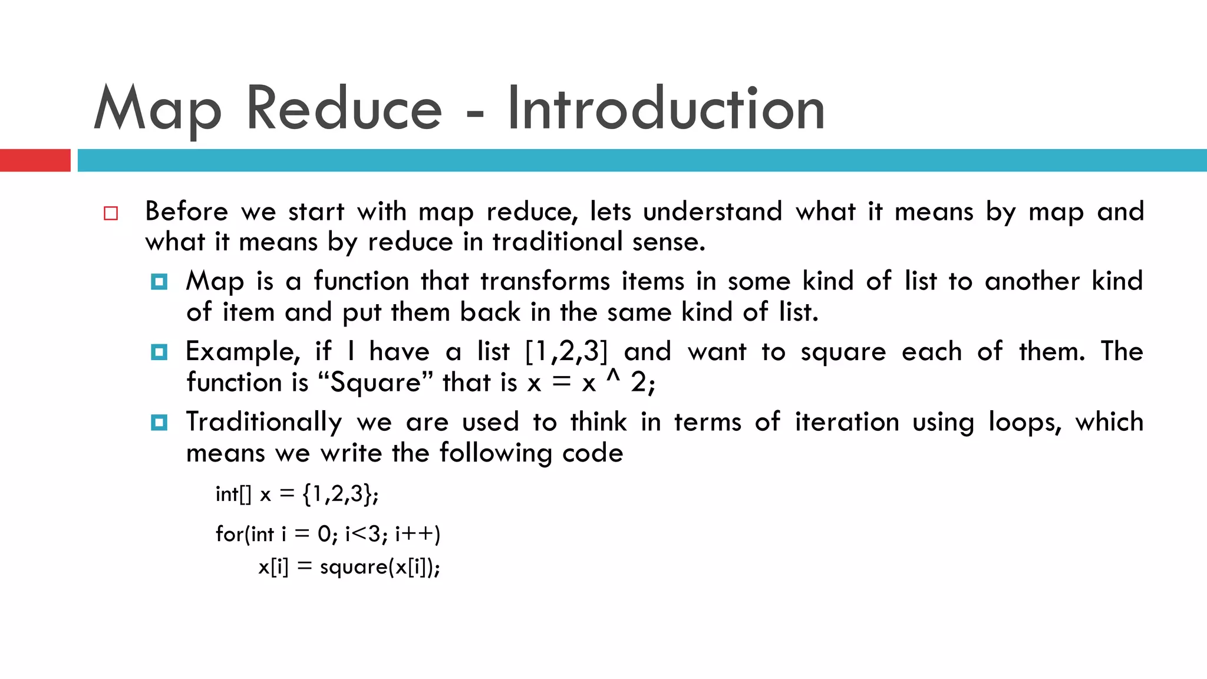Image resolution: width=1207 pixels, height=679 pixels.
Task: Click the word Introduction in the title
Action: (x=666, y=108)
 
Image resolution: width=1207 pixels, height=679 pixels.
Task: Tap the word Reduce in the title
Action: (x=344, y=108)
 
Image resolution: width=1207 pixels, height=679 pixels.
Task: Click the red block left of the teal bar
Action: (x=35, y=160)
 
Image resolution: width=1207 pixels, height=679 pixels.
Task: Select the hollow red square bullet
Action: (x=111, y=213)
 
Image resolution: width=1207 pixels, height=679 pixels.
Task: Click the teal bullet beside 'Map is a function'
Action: (x=159, y=282)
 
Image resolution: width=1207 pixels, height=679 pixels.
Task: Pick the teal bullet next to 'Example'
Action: (x=159, y=352)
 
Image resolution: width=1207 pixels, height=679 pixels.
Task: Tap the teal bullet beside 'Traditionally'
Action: (x=159, y=423)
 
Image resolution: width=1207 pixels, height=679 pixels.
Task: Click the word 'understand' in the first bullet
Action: (x=713, y=212)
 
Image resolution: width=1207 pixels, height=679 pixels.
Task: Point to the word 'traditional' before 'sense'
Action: (x=557, y=242)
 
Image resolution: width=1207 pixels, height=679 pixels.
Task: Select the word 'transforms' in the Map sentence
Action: (x=545, y=281)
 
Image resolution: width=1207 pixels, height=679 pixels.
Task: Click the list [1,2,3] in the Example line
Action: (x=566, y=352)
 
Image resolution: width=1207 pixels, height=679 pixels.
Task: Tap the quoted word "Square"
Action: (x=375, y=383)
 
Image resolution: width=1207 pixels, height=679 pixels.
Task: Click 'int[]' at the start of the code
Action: (x=233, y=494)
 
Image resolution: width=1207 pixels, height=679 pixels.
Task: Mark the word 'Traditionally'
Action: (x=263, y=423)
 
